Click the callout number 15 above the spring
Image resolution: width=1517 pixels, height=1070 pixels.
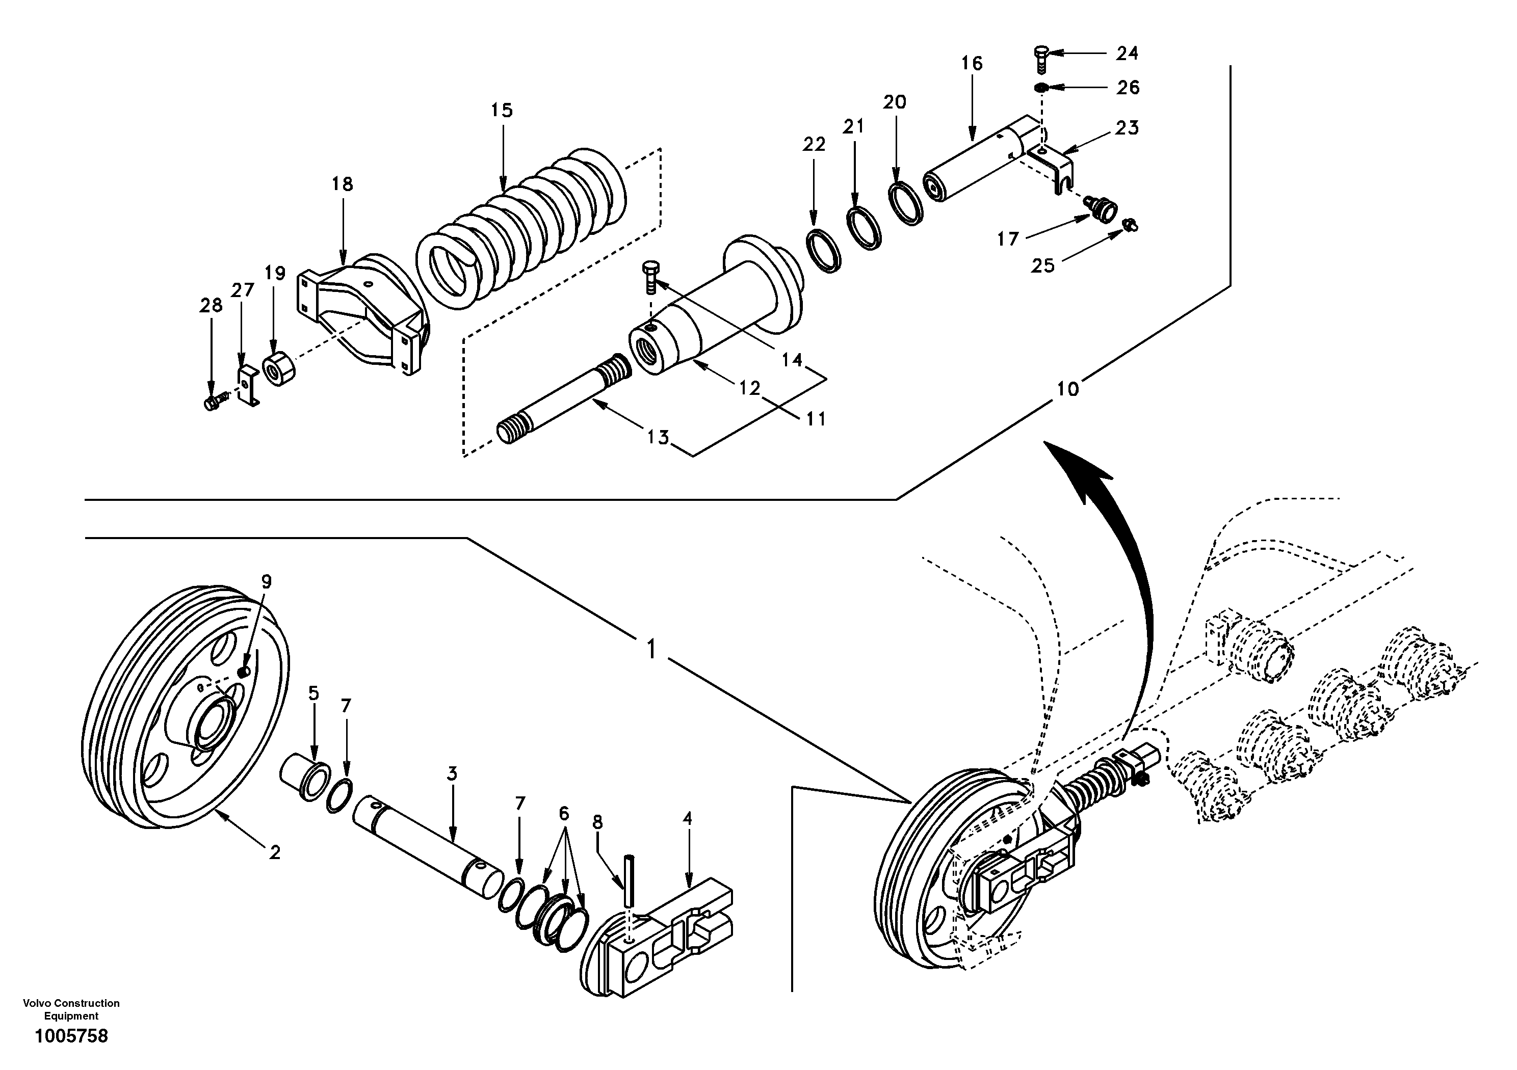[x=502, y=110]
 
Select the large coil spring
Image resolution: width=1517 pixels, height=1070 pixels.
[x=522, y=225]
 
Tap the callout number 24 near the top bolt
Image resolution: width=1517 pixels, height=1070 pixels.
[x=1127, y=53]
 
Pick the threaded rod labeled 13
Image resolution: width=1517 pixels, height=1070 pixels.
[x=562, y=399]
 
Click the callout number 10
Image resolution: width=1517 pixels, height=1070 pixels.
[x=1067, y=389]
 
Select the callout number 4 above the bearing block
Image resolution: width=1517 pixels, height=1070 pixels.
[x=687, y=819]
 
